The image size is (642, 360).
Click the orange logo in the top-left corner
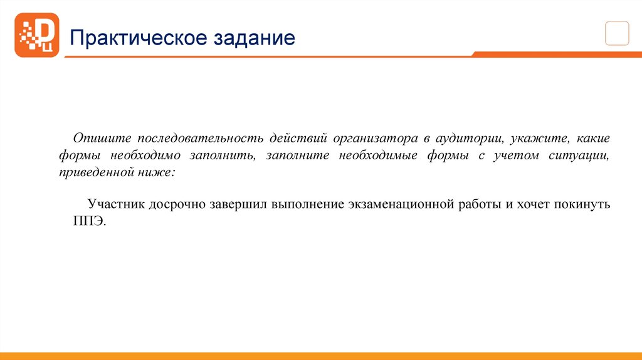[x=36, y=35]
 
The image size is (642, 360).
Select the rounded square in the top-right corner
[x=616, y=33]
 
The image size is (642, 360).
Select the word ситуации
[x=582, y=155]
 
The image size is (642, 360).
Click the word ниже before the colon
[x=160, y=172]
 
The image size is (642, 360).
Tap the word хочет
[x=529, y=205]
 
